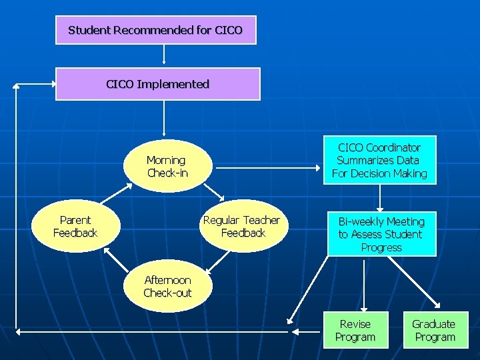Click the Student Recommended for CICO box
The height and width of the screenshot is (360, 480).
(x=155, y=31)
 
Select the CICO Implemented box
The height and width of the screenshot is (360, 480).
(x=157, y=84)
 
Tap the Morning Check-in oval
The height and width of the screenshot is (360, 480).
(x=167, y=167)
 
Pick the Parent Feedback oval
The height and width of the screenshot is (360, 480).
(x=75, y=227)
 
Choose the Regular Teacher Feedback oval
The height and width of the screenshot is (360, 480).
(x=243, y=227)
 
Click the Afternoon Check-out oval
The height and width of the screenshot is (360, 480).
(x=167, y=287)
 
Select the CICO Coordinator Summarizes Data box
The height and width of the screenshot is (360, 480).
(x=379, y=161)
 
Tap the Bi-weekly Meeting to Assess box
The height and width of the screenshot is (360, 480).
(x=381, y=234)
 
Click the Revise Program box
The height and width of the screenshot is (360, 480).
(x=355, y=331)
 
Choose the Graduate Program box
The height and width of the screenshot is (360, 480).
(x=434, y=331)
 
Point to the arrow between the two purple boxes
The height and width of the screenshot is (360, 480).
(x=164, y=55)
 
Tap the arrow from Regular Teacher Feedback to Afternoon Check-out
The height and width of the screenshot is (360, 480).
(x=217, y=261)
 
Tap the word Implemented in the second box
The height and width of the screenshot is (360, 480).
(x=173, y=84)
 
